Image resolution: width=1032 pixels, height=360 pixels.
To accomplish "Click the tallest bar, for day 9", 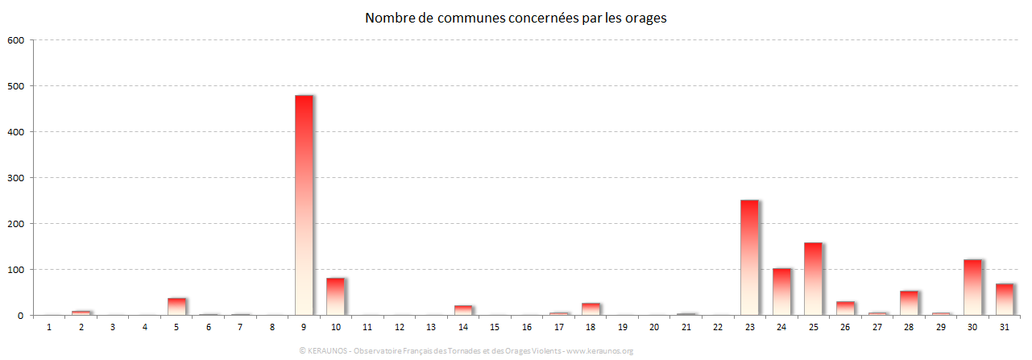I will click(304, 205).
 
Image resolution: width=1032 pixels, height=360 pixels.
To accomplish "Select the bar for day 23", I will click(749, 258).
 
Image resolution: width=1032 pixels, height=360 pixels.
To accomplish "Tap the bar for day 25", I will click(813, 279).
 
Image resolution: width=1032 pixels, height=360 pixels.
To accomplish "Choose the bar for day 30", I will click(972, 288).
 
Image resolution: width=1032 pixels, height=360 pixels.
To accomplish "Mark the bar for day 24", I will click(781, 292).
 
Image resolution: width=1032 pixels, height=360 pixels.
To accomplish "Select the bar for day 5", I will click(176, 307).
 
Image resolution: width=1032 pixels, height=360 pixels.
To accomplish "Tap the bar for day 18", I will click(591, 309).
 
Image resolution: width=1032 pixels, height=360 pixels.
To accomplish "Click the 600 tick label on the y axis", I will click(16, 39).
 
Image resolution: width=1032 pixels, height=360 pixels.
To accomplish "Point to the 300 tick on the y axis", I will click(16, 177).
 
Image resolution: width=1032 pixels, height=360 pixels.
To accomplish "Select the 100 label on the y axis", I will click(16, 269).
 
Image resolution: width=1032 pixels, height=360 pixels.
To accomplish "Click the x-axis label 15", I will click(495, 327).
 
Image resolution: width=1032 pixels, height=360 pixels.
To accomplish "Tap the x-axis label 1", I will click(49, 327).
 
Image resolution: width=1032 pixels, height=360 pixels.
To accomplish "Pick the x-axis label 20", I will click(654, 327).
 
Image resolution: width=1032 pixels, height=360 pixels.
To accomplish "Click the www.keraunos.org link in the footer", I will click(600, 351).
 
